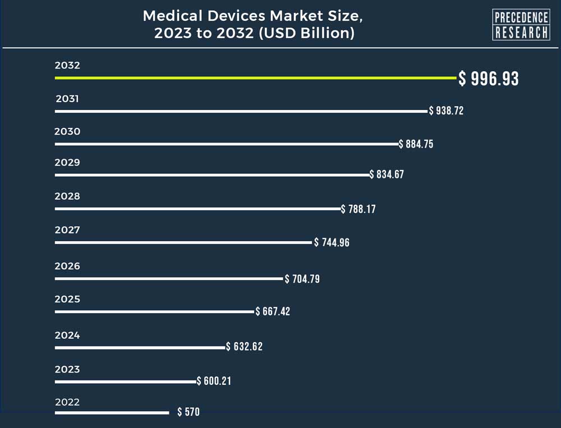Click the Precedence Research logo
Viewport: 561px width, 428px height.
point(521,25)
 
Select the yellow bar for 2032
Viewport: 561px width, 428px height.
point(256,78)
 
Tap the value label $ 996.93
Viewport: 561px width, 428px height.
point(489,79)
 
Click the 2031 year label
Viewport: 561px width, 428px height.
point(67,99)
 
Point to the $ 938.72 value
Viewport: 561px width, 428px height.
point(446,111)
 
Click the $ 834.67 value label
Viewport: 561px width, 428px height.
point(387,174)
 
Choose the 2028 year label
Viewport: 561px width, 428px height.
point(67,196)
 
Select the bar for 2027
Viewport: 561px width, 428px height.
point(183,242)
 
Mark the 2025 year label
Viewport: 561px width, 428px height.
point(67,300)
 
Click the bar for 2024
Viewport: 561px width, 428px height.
point(140,347)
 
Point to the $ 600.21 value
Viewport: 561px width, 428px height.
point(214,381)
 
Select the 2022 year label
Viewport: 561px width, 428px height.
point(67,402)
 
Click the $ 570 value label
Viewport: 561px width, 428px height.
point(188,412)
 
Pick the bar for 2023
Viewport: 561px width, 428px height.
point(126,381)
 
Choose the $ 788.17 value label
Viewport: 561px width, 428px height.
point(358,209)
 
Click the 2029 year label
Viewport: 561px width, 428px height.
point(67,163)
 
